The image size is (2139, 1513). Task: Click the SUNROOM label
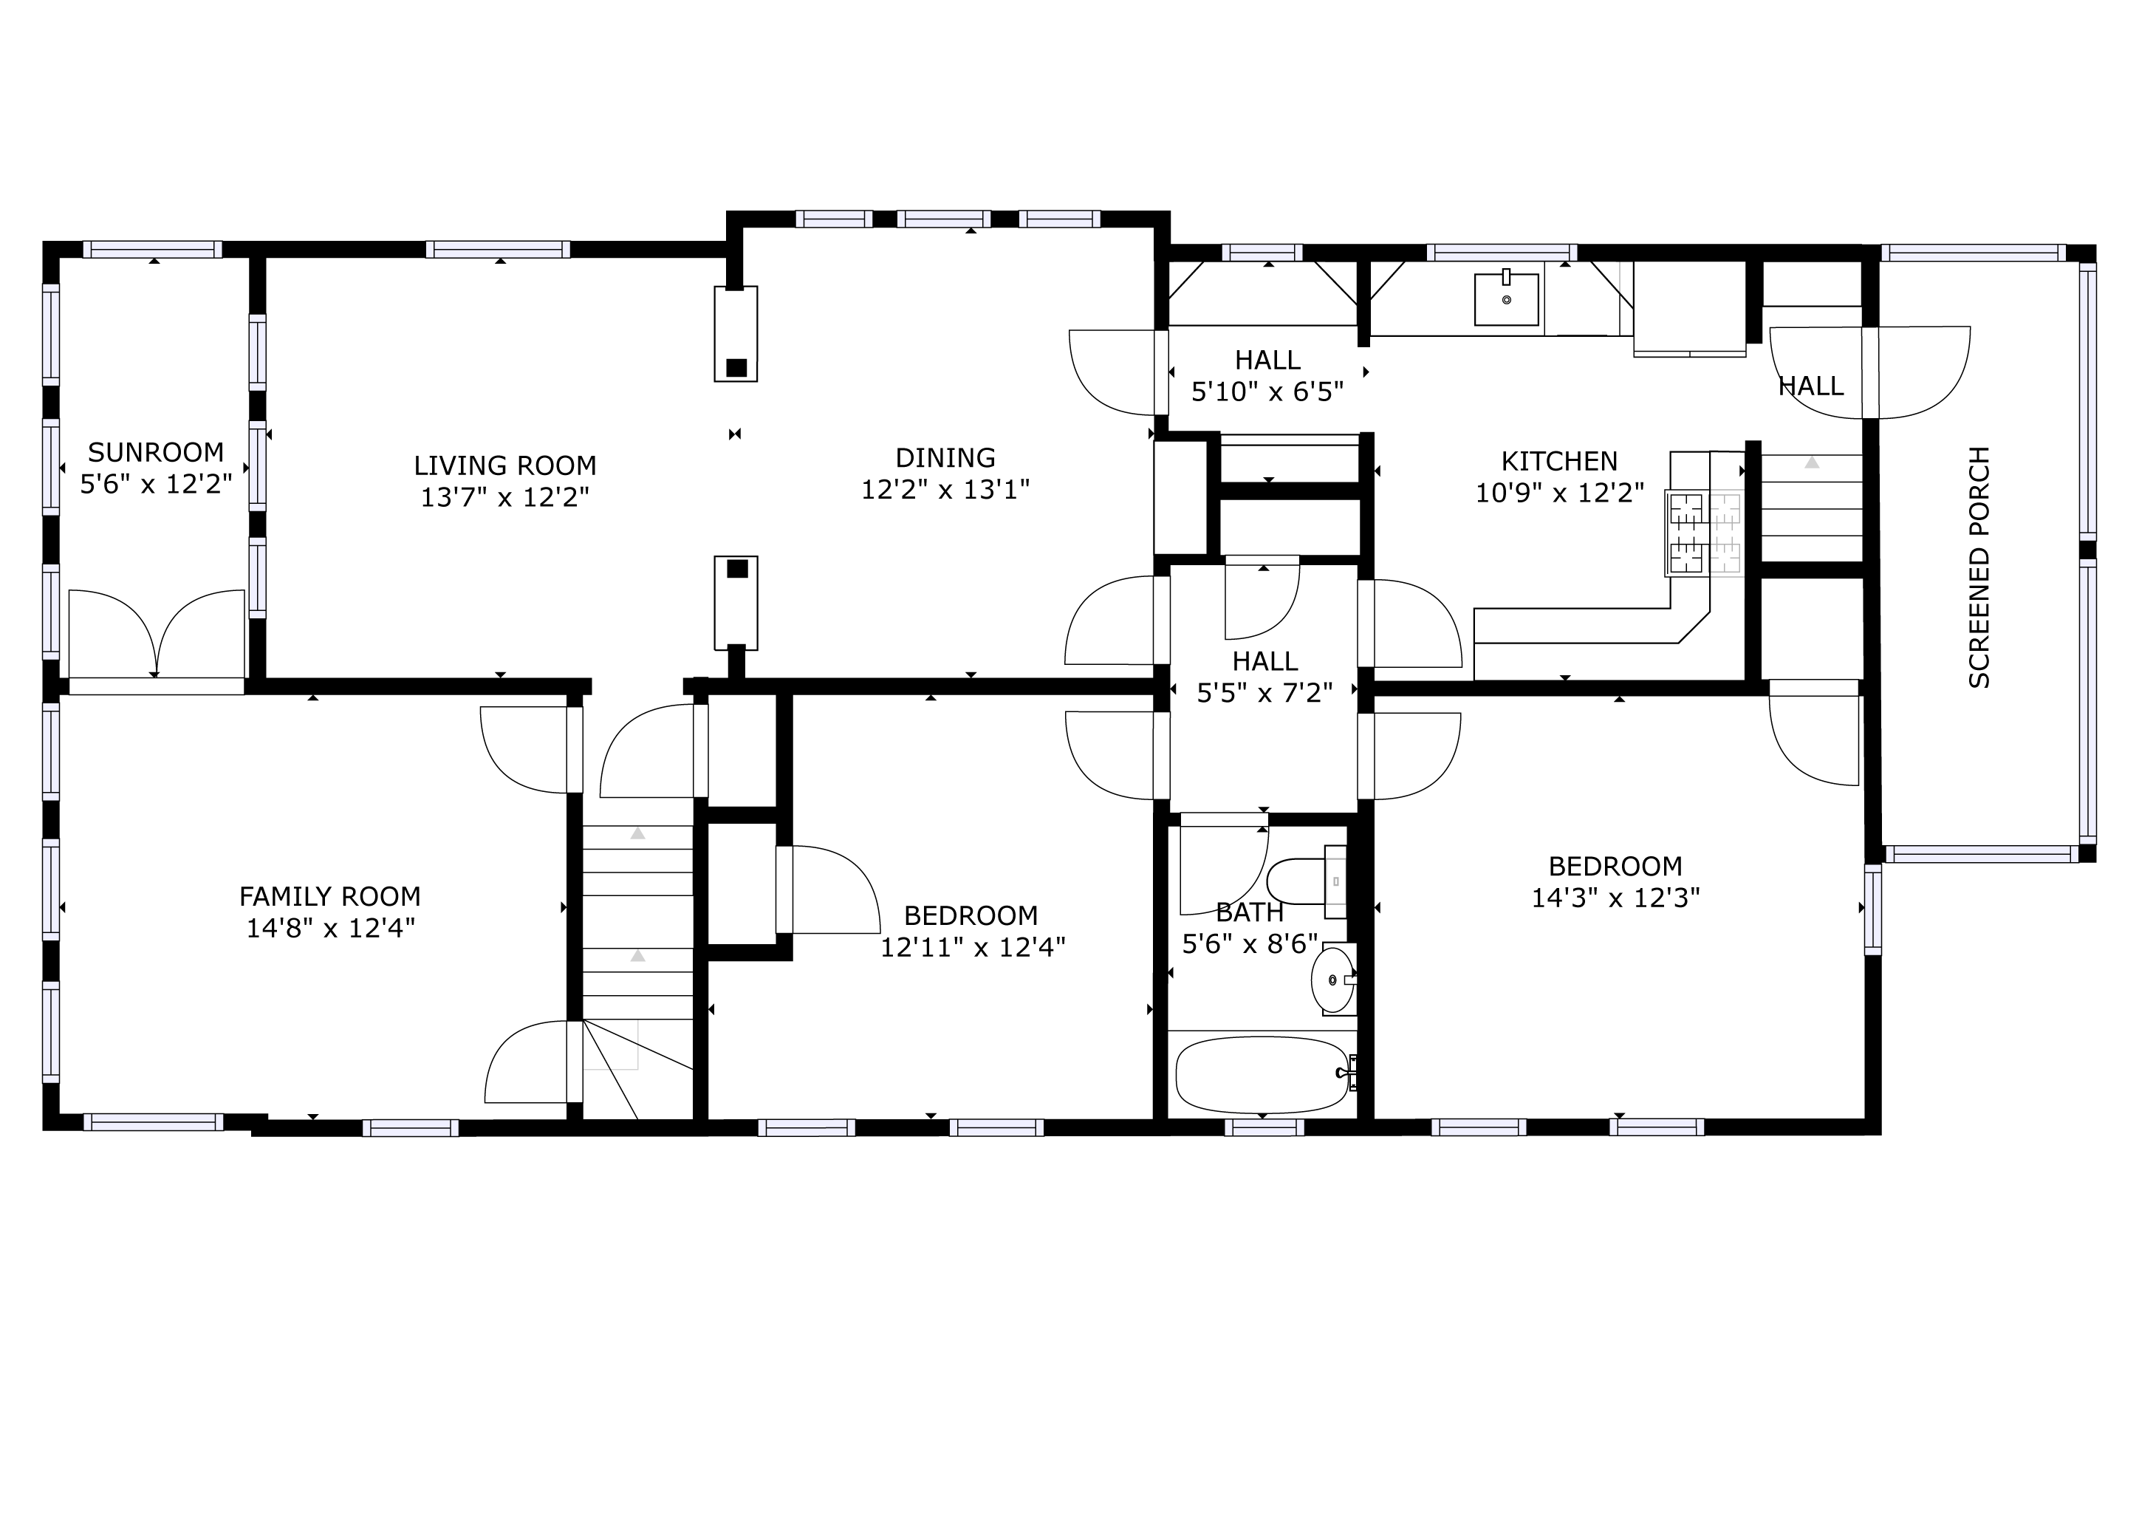156,453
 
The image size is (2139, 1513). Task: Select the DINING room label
945,457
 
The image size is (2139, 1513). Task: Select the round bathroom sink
1333,980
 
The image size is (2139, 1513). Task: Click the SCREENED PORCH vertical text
1979,567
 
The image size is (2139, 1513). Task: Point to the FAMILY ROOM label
330,896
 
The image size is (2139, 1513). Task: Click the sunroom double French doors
157,634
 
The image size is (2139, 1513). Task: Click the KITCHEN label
1558,461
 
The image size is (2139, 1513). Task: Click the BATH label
1249,912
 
